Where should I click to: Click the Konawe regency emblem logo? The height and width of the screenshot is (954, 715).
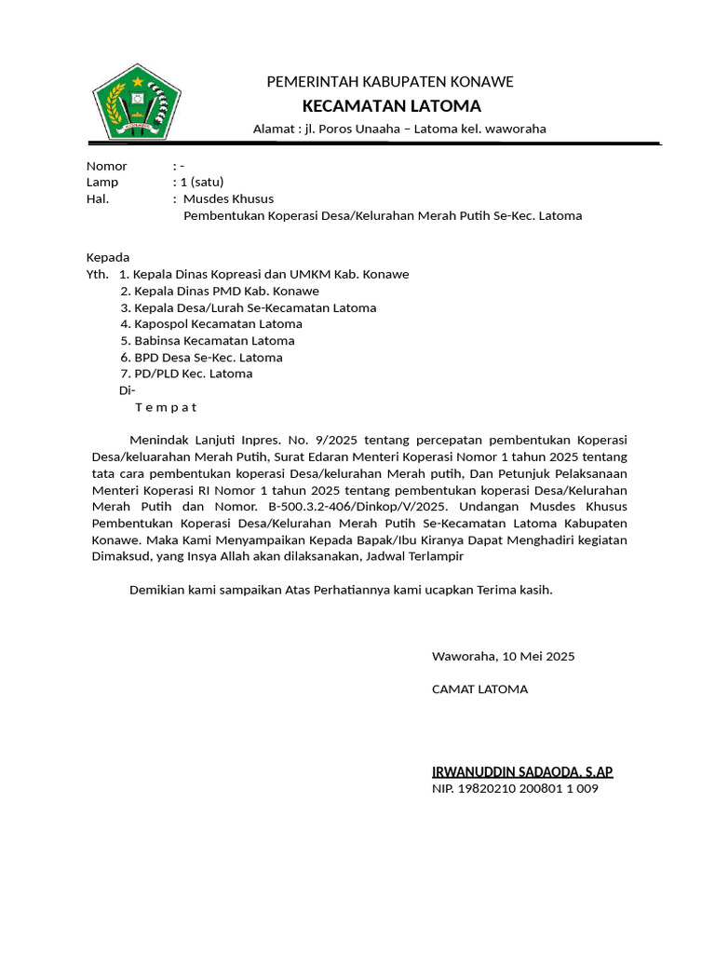coord(136,102)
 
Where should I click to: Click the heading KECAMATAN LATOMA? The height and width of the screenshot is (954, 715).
coord(391,105)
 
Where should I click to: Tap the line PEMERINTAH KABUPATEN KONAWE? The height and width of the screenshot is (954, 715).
coord(390,82)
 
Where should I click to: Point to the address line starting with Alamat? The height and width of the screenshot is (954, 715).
coord(399,129)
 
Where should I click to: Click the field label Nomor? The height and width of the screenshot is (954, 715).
coord(106,166)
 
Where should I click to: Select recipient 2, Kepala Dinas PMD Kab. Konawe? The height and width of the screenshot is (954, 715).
coord(220,292)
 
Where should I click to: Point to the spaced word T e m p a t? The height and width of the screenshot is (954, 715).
coord(166,407)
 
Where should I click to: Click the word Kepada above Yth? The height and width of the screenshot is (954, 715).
coord(108,257)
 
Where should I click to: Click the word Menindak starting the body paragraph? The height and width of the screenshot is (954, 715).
coord(158,440)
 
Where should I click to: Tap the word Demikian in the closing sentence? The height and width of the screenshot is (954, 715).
coord(155,590)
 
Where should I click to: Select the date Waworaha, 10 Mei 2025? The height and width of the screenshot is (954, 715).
coord(503,656)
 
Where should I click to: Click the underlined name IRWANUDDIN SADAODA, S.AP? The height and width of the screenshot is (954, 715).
coord(522,771)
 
